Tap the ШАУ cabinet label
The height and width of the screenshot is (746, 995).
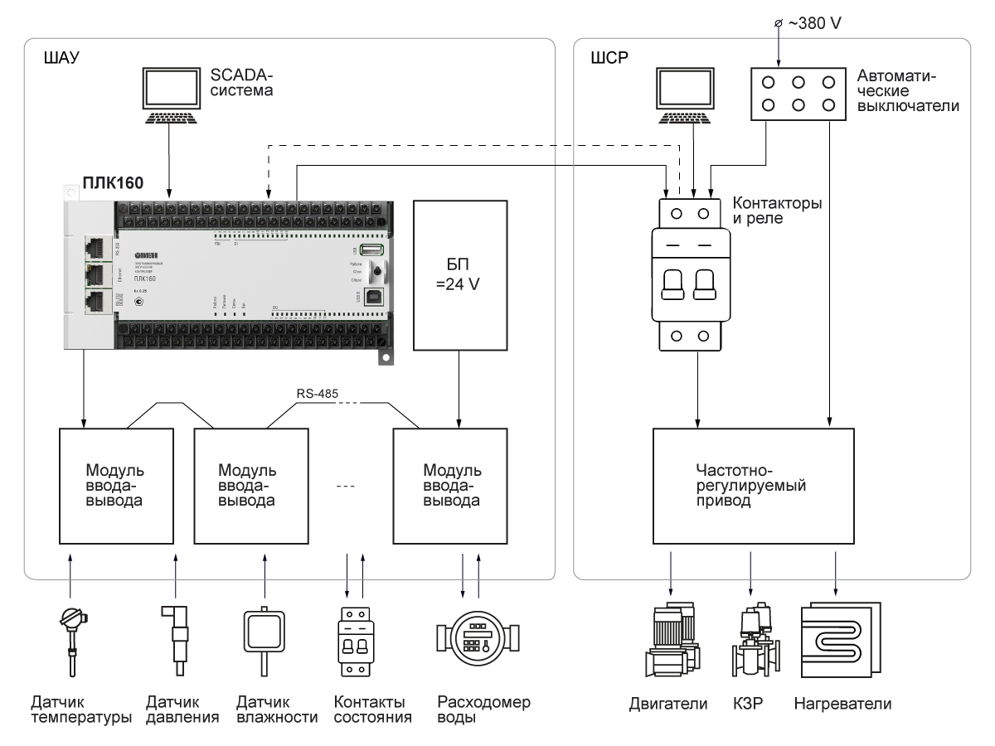click(x=53, y=60)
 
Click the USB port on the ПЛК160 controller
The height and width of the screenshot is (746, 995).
click(x=373, y=250)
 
